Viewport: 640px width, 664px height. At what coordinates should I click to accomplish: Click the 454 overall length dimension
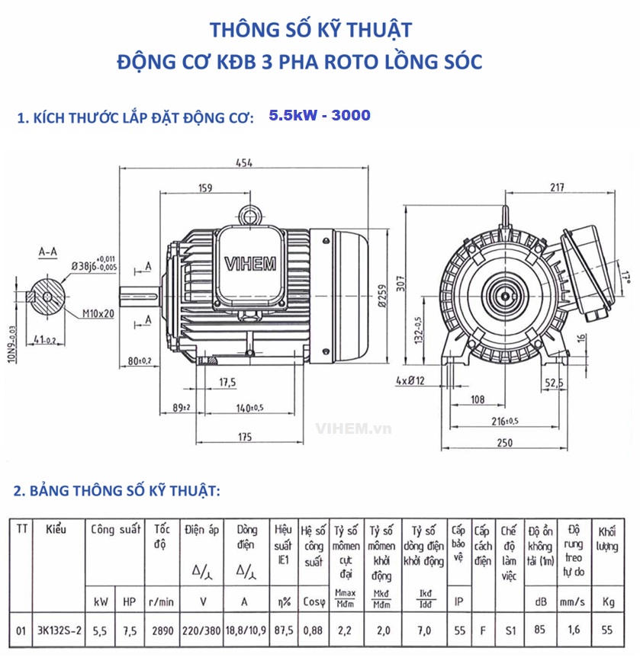coord(244,162)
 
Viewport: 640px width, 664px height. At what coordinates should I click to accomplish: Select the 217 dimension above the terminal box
coord(556,188)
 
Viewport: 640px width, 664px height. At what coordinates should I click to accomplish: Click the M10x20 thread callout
coord(98,313)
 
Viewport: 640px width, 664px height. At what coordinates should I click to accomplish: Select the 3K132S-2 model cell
coord(60,630)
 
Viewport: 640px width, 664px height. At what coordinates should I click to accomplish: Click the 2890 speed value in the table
coord(162,630)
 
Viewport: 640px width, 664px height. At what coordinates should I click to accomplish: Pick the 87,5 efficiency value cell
coord(284,630)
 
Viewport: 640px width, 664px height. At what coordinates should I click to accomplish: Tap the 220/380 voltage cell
coord(203,630)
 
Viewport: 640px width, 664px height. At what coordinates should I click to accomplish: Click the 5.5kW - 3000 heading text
coord(320,116)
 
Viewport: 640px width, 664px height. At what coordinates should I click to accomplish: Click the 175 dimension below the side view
coord(244,437)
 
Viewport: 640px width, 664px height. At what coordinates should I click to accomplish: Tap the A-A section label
coord(48,250)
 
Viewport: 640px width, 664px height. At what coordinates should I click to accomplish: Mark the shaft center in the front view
coord(503,291)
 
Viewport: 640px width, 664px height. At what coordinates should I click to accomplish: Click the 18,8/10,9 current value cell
coord(244,630)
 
